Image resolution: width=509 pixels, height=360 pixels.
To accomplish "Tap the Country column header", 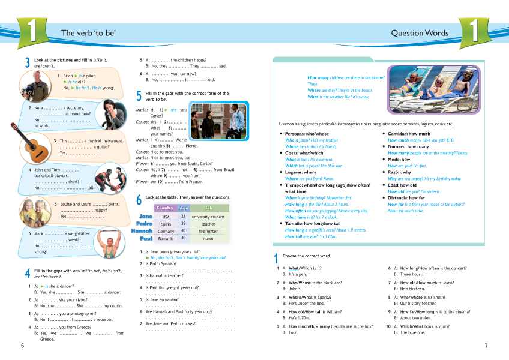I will click(x=166, y=208).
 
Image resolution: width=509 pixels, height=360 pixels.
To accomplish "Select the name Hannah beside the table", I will click(x=142, y=231).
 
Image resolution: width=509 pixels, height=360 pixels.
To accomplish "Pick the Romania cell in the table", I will click(x=166, y=238).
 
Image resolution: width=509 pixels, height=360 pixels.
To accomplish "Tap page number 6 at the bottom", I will click(x=23, y=346).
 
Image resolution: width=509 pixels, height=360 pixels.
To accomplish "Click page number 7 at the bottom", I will click(x=486, y=346).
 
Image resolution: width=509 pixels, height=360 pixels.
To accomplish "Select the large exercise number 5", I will click(x=139, y=95).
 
